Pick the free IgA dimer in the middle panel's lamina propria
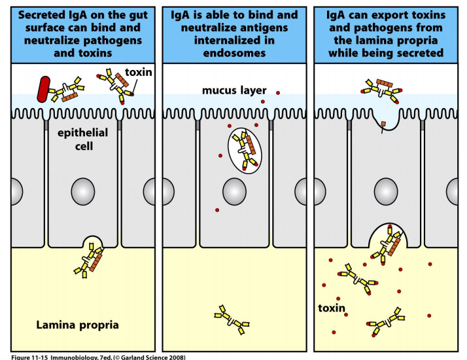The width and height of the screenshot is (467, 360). point(232,318)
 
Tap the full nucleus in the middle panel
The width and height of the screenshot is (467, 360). point(235,192)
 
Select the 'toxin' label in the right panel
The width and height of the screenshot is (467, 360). point(333,308)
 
